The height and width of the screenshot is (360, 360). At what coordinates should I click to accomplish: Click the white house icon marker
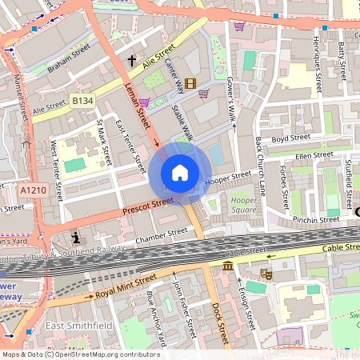coord(180,173)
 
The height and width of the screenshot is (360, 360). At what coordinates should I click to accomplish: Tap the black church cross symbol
coord(132,61)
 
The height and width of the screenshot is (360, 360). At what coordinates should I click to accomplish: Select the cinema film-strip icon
coord(190,83)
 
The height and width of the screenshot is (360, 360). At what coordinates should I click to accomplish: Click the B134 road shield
coord(82,100)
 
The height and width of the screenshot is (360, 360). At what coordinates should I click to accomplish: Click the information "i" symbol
coord(76,238)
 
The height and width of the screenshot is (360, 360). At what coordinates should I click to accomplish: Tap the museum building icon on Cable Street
coord(228,266)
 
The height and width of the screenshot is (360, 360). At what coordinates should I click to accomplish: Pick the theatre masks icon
coord(266,274)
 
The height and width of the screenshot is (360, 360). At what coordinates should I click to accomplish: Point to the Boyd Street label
coord(290,138)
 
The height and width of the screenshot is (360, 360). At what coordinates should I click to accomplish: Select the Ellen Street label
coord(313,155)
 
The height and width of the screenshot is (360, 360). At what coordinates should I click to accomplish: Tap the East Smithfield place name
coord(77,326)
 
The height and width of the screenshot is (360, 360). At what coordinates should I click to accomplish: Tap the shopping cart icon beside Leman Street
coord(144,102)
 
